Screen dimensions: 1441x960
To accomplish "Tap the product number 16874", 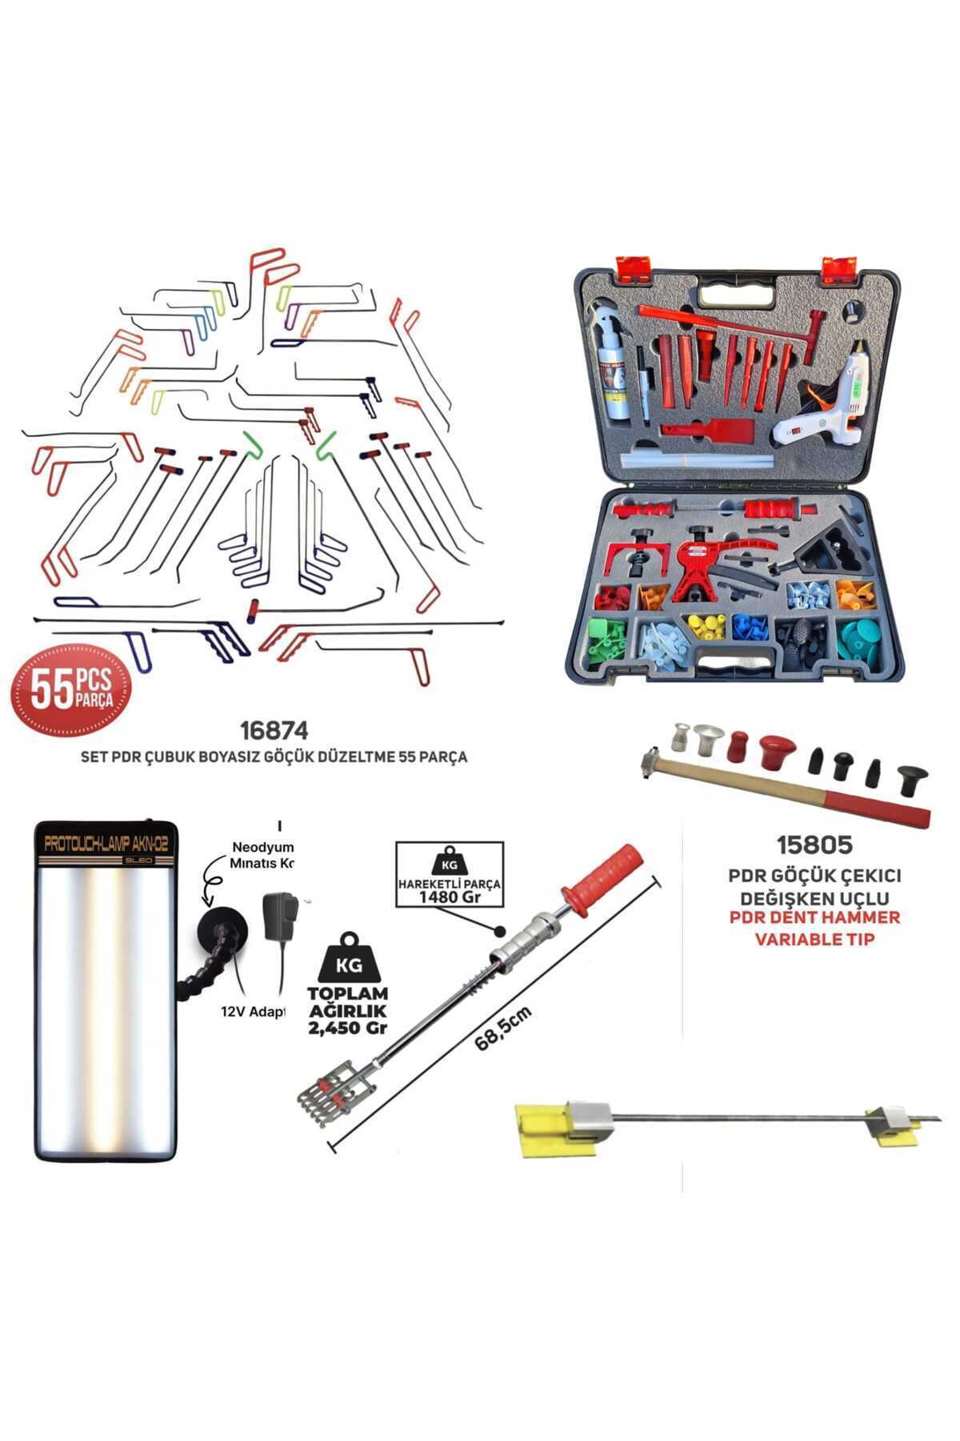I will [x=274, y=731].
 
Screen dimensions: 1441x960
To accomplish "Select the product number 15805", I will [x=814, y=845].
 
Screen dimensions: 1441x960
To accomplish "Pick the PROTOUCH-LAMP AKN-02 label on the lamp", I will [x=106, y=845].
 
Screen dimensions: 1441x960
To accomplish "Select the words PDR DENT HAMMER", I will [x=814, y=917].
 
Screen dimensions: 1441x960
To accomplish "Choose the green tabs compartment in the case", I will [x=608, y=638].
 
